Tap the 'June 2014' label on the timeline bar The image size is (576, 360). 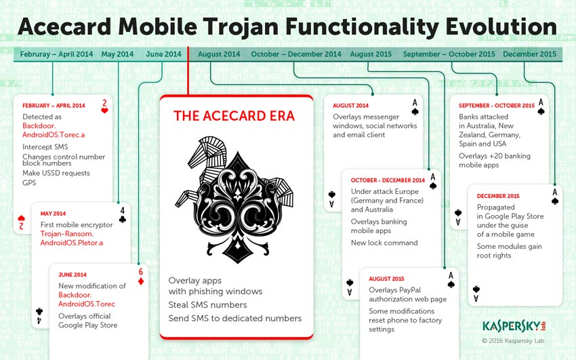(163, 54)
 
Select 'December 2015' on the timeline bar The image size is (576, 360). (529, 54)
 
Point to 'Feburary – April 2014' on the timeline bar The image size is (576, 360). (56, 54)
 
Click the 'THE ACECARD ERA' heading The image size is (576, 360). (234, 116)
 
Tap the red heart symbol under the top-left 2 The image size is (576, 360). (104, 111)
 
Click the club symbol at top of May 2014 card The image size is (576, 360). (122, 220)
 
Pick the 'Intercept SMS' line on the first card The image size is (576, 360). (45, 146)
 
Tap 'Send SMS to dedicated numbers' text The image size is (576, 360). (234, 318)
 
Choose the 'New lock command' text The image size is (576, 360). (384, 243)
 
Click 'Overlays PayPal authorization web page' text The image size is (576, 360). (407, 295)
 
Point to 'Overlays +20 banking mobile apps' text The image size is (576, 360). (494, 160)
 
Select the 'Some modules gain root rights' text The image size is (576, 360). (509, 251)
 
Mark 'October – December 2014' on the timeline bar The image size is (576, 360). (296, 54)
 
